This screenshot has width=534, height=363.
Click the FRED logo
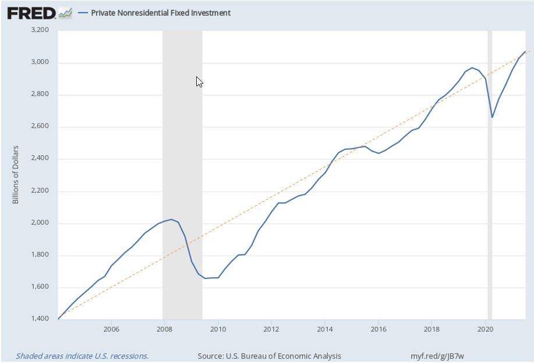(31, 12)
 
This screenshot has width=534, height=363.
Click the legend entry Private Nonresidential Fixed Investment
(161, 13)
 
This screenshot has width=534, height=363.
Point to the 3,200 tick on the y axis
(40, 30)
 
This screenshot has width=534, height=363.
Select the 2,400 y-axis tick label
(40, 158)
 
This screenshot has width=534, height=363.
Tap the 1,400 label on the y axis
(40, 319)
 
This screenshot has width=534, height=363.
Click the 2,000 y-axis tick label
(40, 223)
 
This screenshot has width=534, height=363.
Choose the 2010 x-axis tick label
(218, 329)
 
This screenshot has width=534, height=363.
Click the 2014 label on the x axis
(325, 329)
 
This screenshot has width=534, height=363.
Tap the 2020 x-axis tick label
(486, 329)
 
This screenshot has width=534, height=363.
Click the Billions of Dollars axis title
(16, 175)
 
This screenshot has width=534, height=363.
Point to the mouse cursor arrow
(199, 81)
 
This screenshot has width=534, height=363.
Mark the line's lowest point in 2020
(493, 117)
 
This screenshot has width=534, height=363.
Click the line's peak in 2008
(172, 219)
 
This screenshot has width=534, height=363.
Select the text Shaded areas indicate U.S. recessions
(82, 355)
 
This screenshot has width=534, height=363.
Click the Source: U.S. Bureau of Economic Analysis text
(269, 355)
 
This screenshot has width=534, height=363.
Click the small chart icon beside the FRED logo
(66, 12)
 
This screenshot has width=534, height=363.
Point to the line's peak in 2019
(472, 68)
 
